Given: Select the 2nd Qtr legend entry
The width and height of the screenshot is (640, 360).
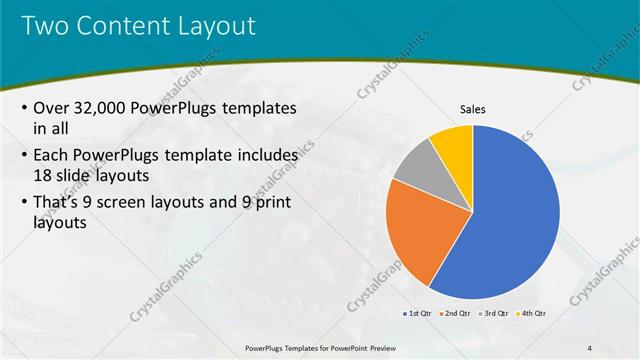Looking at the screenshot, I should [457, 313].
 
